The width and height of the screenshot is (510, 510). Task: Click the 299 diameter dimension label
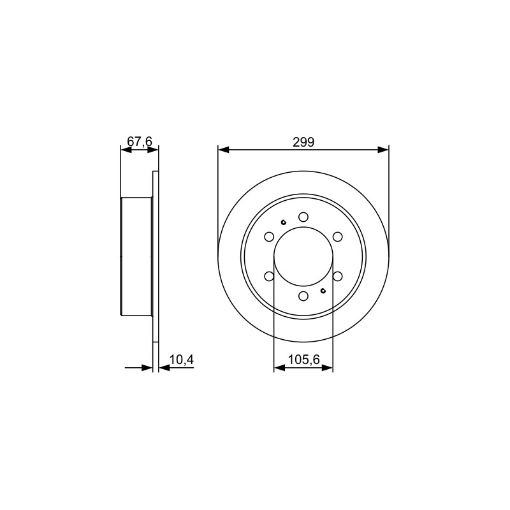303,142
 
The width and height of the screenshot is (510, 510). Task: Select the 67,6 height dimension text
140,142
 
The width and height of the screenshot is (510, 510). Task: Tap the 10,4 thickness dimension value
182,360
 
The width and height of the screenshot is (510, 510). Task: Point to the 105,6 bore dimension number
304,360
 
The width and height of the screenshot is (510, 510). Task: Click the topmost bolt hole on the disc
303,217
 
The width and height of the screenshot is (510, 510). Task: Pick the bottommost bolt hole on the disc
303,296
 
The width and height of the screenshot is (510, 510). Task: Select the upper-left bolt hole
269,237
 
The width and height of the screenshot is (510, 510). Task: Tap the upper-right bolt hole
338,237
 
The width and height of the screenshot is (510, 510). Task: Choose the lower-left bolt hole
269,276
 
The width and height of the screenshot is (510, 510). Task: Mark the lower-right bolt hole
338,276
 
